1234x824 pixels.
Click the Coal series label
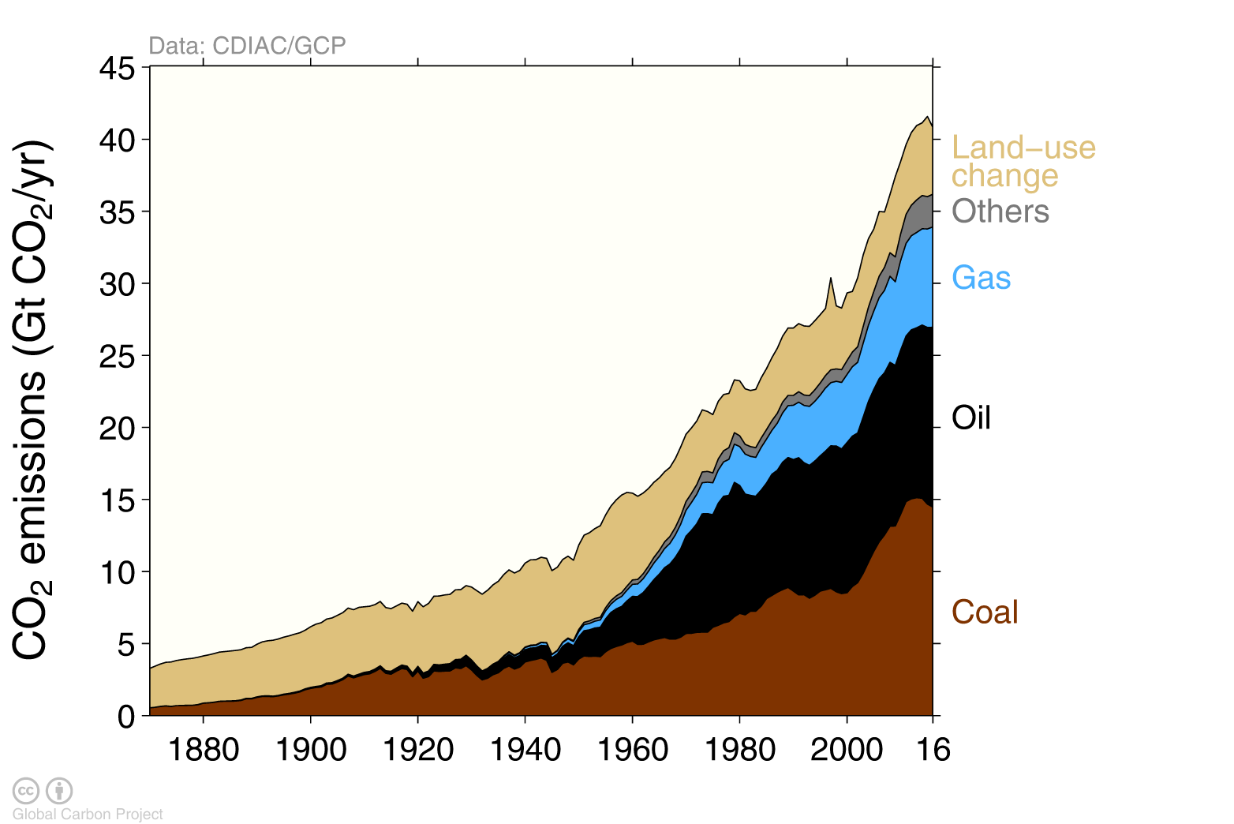click(985, 612)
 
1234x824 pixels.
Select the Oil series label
click(970, 418)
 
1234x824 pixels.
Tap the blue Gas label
click(981, 278)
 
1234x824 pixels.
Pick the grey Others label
click(1000, 212)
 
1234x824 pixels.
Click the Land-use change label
click(1023, 161)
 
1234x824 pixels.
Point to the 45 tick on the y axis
click(117, 69)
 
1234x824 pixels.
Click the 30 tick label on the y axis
click(117, 284)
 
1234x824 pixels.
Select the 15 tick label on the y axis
click(117, 500)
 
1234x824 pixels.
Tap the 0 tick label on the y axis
click(126, 717)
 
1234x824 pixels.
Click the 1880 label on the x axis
click(203, 749)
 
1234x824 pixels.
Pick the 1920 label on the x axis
click(417, 749)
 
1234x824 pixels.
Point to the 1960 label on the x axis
click(632, 749)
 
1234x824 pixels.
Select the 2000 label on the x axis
click(847, 749)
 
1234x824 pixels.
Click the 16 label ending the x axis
click(933, 749)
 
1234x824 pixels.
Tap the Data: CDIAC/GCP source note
click(247, 46)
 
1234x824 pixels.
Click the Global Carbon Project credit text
click(88, 815)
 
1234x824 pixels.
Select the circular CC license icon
click(26, 790)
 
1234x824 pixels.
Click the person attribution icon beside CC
click(59, 790)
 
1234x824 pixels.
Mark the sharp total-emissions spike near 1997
click(830, 279)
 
